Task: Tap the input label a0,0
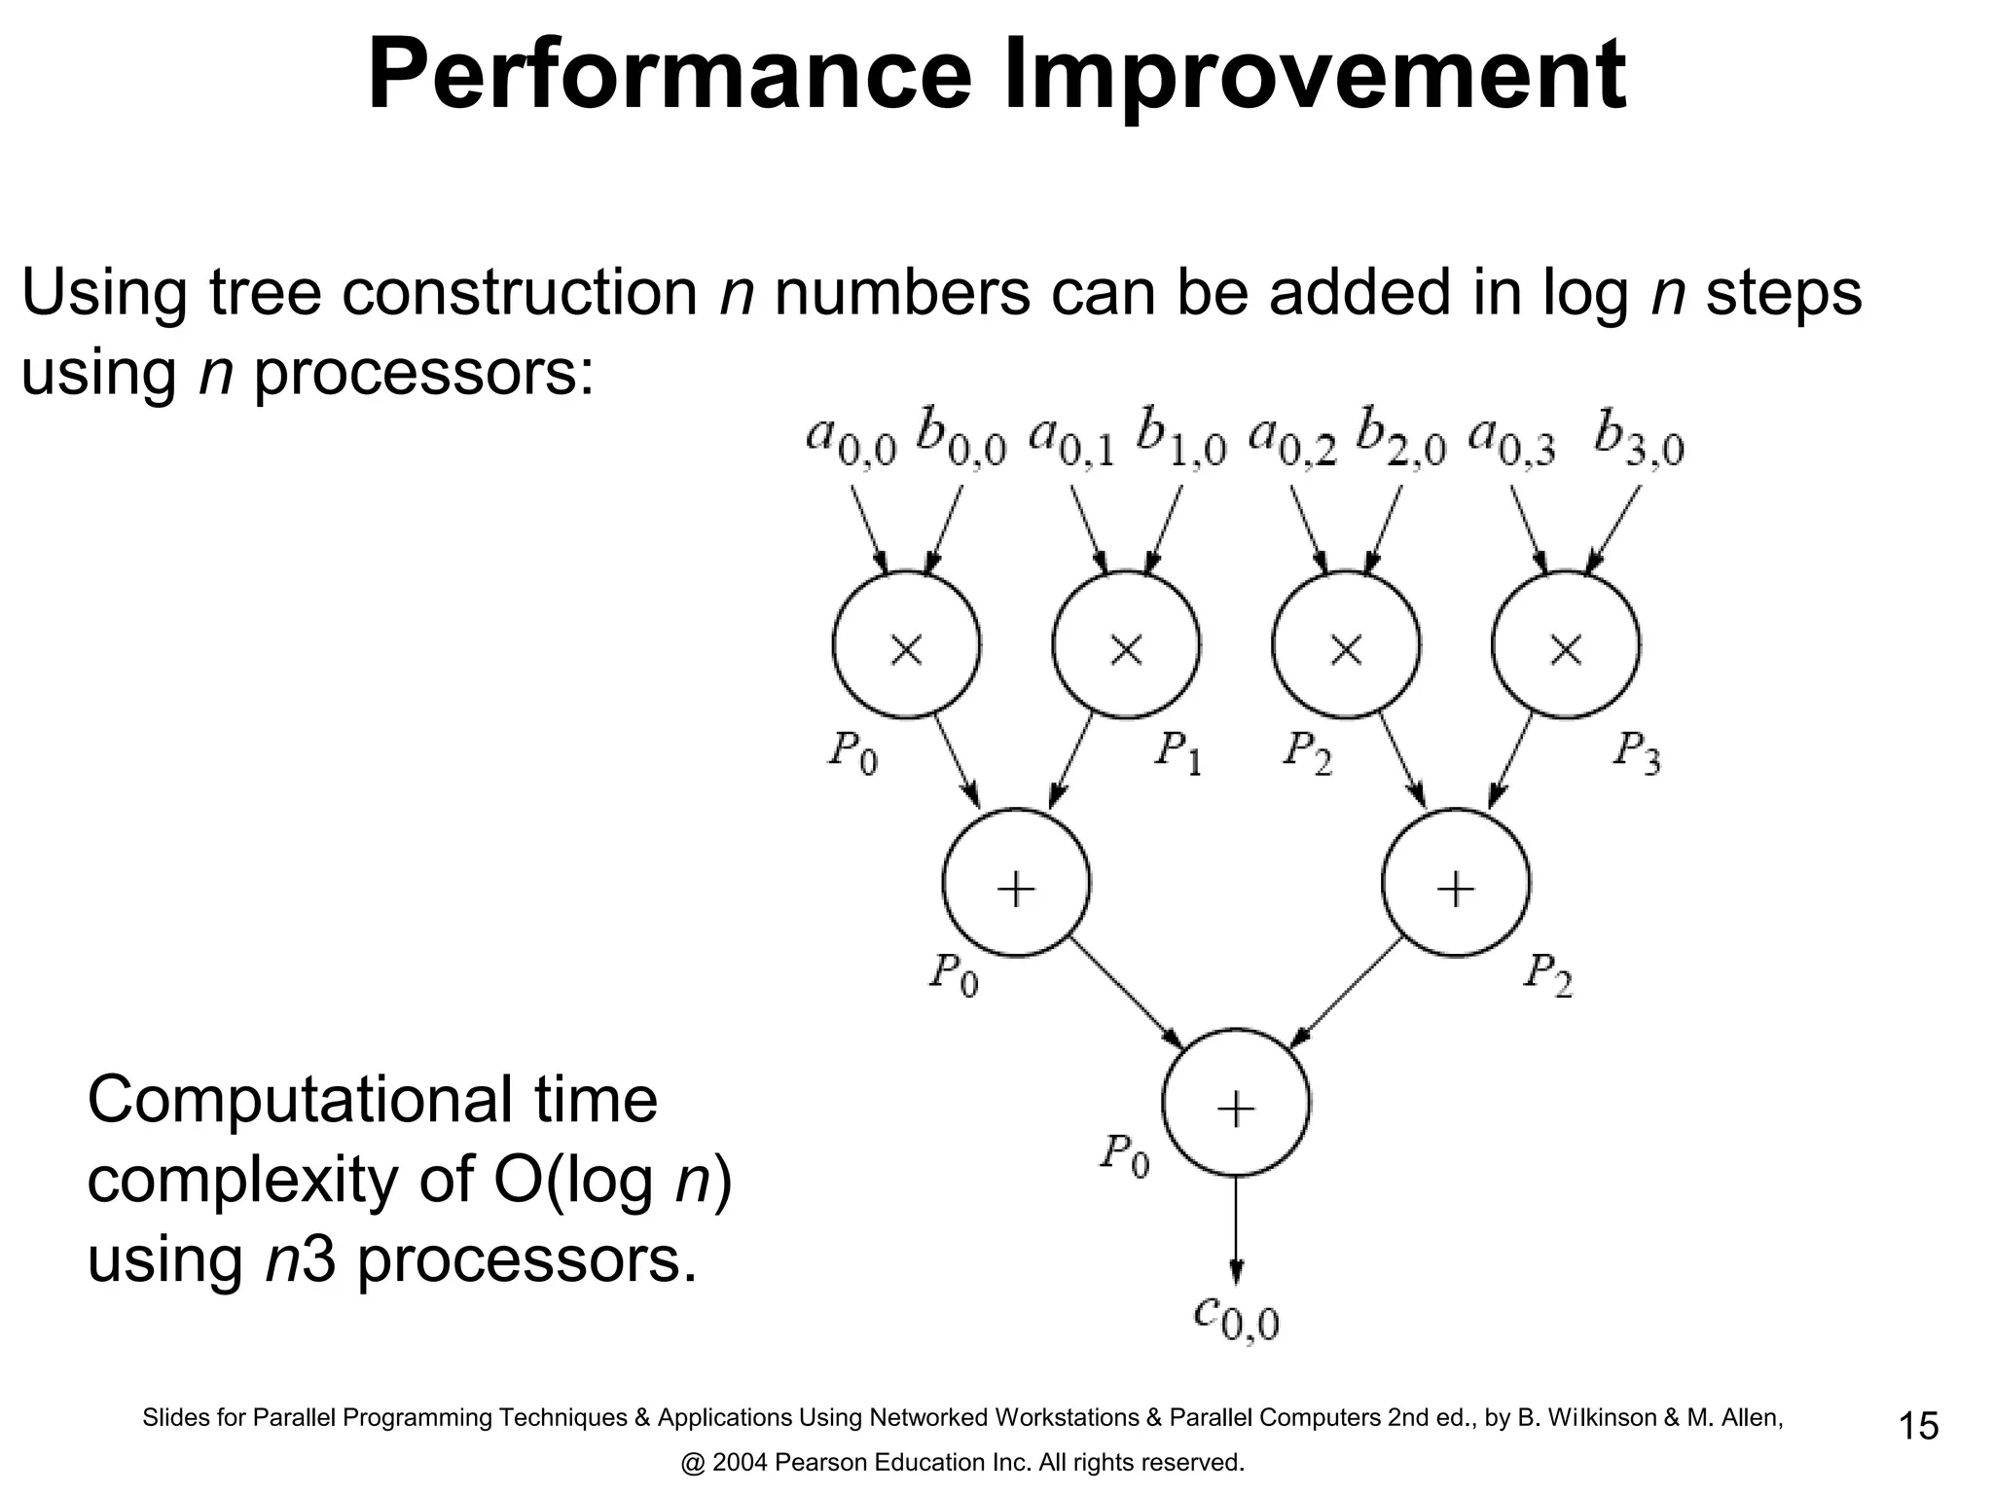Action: tap(851, 441)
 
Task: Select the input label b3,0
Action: tap(1639, 441)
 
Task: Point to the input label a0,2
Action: tap(1292, 441)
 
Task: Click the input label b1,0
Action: tap(1180, 441)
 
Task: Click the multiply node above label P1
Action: tap(1126, 645)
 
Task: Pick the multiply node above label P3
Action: tap(1566, 645)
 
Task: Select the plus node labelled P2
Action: tap(1456, 884)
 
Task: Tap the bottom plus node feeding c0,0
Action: tap(1236, 1104)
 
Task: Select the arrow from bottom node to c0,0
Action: tap(1236, 1231)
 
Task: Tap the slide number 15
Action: tap(1918, 1427)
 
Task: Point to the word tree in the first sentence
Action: tap(266, 292)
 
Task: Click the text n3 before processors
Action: tap(301, 1260)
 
